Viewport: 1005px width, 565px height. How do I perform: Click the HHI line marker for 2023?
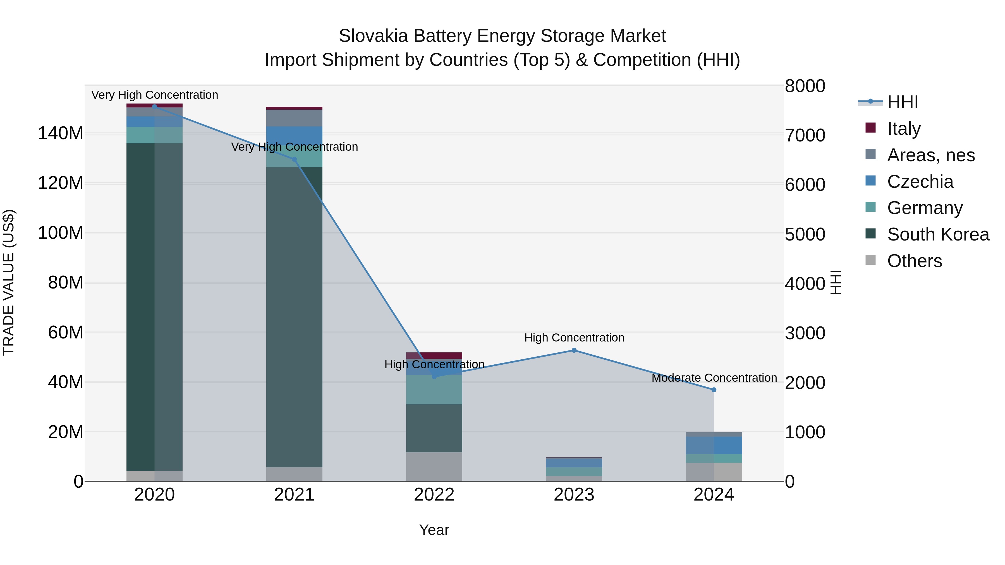[x=574, y=350]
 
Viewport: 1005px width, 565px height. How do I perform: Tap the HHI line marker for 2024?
[x=714, y=390]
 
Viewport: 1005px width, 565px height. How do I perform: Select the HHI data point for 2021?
[x=294, y=159]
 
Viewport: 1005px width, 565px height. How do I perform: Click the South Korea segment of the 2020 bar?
[x=154, y=307]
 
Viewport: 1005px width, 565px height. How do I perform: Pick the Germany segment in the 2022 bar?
[x=434, y=390]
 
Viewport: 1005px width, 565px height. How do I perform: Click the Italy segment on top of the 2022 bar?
[x=434, y=355]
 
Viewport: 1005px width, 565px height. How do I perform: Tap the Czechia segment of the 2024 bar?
[x=714, y=445]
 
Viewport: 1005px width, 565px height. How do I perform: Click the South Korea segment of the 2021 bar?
[x=294, y=317]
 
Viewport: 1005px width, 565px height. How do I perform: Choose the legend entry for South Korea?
[x=938, y=234]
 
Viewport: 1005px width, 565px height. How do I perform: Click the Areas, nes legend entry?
[x=930, y=155]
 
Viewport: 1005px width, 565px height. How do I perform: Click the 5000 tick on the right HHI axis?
[x=805, y=234]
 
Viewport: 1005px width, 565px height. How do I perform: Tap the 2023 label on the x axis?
[x=574, y=495]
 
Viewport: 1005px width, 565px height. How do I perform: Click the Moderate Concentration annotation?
[x=714, y=378]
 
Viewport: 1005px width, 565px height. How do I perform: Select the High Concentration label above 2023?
[x=574, y=337]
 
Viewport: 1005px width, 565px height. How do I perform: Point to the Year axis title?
[x=434, y=530]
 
